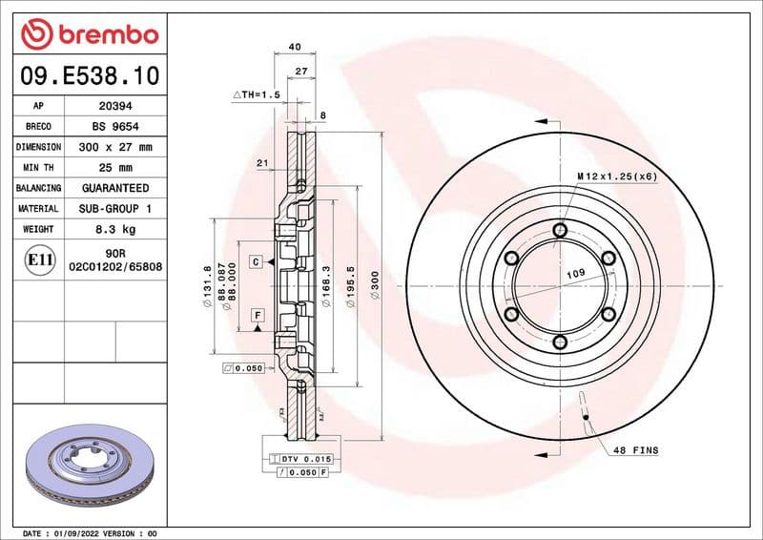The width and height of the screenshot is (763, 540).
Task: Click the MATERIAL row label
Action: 38,208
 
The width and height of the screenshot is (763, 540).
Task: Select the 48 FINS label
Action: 635,449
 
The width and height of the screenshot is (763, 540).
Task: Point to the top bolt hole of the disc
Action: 560,230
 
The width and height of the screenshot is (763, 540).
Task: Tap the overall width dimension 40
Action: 294,46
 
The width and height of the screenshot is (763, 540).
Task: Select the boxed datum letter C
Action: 257,261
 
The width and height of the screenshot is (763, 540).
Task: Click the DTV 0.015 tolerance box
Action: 301,460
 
